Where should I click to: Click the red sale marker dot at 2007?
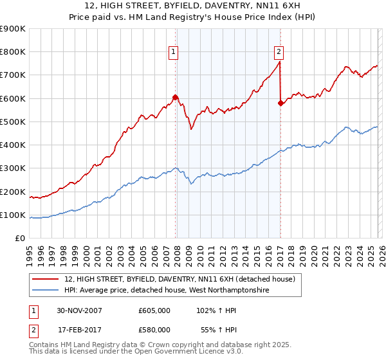176,98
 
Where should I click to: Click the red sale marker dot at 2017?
280,103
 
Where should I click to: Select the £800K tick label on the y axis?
12,52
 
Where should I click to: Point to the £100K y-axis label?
12,215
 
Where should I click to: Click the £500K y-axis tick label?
12,122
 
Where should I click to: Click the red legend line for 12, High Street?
46,279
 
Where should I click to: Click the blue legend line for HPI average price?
46,291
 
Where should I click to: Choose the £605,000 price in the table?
154,310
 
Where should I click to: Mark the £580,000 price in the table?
154,329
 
